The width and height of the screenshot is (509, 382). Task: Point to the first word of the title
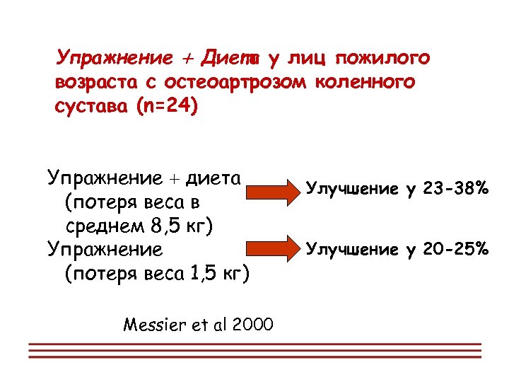(114, 57)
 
